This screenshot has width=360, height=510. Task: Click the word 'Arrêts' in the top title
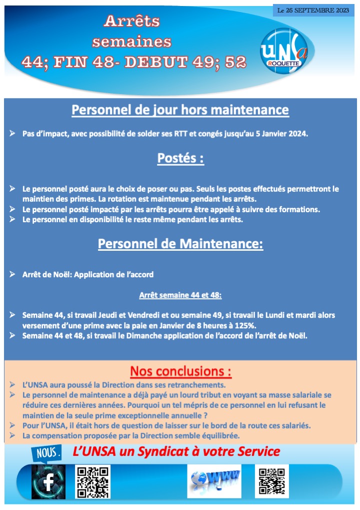pos(131,21)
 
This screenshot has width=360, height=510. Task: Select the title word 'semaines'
pos(131,41)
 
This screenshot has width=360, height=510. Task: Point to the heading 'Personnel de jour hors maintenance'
pos(180,110)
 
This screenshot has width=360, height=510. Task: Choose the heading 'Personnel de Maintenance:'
pos(180,244)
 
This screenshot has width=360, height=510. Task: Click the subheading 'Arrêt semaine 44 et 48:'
pos(180,295)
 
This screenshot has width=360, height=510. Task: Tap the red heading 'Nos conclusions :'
pos(180,371)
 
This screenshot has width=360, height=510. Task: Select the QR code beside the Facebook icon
pos(92,481)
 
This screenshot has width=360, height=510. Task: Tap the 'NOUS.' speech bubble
pos(48,453)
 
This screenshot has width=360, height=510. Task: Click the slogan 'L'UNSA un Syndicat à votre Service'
pos(176,451)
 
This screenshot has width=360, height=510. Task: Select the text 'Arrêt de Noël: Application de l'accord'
pos(88,274)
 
